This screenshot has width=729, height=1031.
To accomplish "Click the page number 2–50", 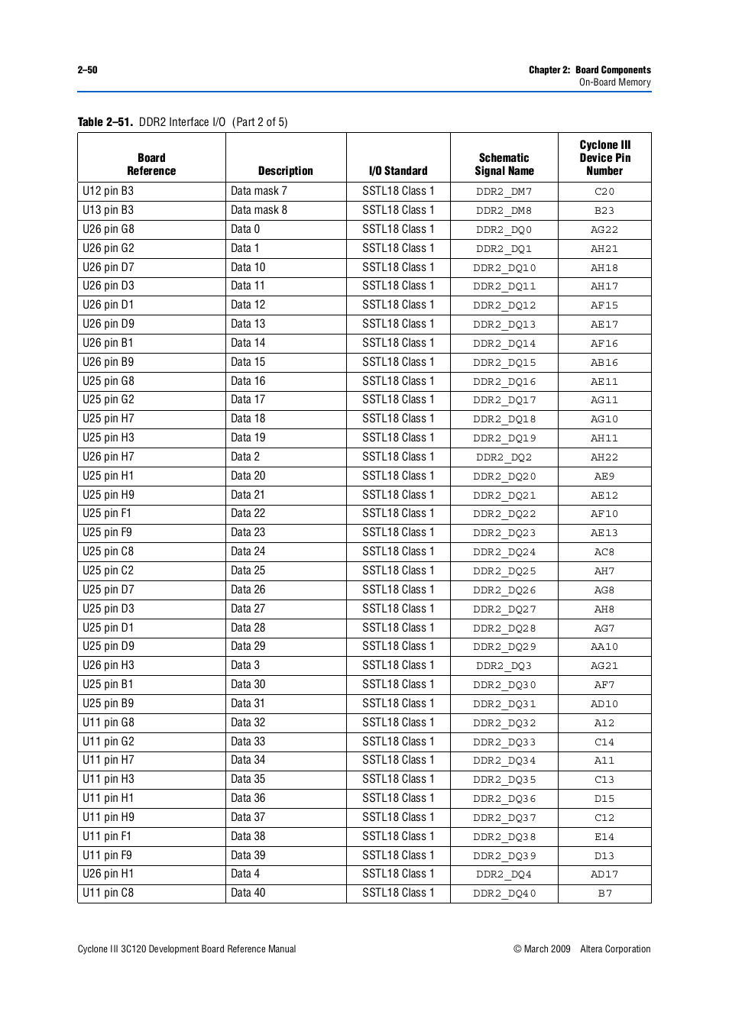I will [87, 70].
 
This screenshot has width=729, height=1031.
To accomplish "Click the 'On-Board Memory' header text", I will [614, 82].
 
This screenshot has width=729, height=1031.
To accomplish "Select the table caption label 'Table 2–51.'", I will [105, 122].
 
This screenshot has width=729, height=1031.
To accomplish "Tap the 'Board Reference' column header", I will [151, 164].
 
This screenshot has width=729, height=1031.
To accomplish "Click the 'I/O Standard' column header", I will [398, 171].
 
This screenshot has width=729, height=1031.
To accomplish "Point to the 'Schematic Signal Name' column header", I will [504, 164].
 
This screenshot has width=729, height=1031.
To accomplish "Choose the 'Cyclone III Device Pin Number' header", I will [604, 158].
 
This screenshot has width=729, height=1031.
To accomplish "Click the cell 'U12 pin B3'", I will [109, 191].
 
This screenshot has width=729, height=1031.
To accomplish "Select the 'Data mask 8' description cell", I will [259, 210].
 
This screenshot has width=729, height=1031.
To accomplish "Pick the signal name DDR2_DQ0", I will [504, 230].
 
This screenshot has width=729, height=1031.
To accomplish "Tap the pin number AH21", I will [604, 249].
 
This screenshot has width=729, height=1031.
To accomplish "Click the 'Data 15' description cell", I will [248, 362].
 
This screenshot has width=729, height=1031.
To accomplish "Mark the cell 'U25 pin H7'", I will [109, 419].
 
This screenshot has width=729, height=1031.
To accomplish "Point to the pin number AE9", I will [604, 476].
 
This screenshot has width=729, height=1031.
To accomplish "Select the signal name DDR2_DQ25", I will [504, 571].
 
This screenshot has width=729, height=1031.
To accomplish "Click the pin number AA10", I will [604, 647].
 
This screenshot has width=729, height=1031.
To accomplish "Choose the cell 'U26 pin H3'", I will [109, 665].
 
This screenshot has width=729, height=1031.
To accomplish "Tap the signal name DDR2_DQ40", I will [504, 894].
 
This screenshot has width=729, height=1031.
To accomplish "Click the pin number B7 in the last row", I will [604, 894].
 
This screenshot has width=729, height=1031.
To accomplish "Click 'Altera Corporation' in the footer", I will [615, 949].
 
